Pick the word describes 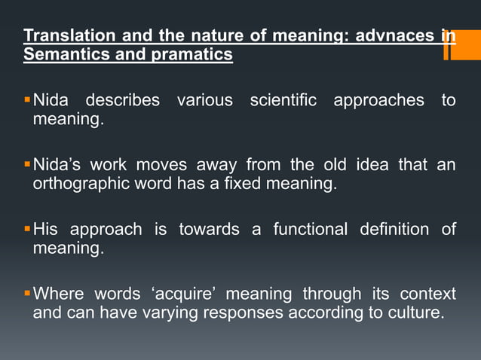pos(122,100)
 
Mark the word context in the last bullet pos(427,293)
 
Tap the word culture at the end pos(414,313)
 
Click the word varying pos(166,313)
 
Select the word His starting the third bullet pos(44,229)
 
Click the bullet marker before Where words pos(27,291)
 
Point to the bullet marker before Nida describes pos(27,99)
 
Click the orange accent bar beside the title pos(450,44)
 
